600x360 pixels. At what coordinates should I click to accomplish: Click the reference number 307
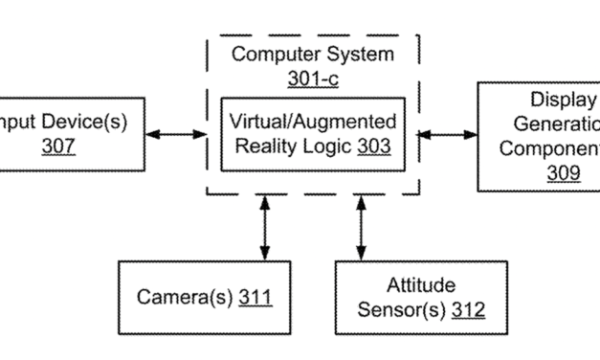(58, 146)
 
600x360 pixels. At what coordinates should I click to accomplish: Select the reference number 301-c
(312, 79)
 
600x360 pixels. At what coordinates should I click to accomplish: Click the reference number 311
(256, 297)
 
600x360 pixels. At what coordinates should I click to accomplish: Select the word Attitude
(420, 285)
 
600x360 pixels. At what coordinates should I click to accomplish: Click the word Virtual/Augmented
(312, 122)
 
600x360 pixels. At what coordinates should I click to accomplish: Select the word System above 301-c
(359, 55)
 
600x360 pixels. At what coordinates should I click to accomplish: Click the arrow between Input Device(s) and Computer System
(176, 134)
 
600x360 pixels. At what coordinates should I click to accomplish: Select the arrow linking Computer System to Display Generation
(448, 135)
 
